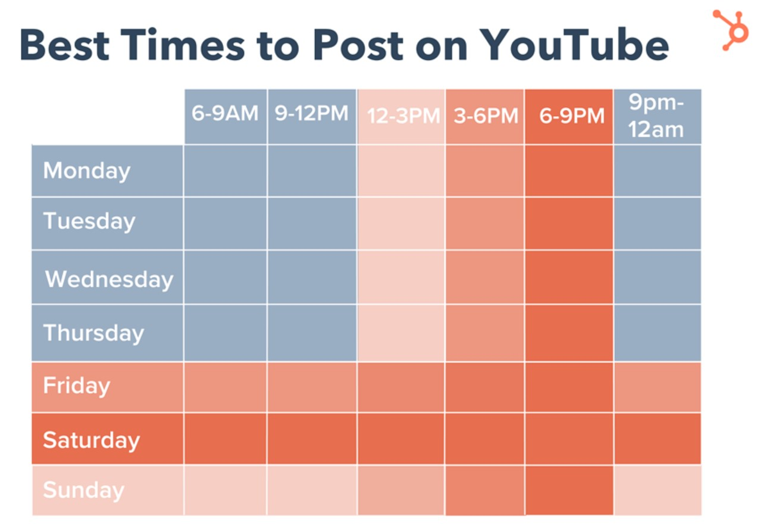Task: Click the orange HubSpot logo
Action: coord(729,30)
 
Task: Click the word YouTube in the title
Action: coord(574,45)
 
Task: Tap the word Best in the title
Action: coord(74,45)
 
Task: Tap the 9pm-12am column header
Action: coord(657,116)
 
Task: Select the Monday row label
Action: coord(87,171)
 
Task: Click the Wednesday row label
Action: coord(109,279)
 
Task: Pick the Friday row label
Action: coord(77,385)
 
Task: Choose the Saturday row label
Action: coord(91,440)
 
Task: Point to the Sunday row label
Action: coord(83,490)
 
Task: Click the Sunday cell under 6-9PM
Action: coord(569,490)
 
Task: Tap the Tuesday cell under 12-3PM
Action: coord(400,223)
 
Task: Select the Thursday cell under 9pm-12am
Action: coord(657,332)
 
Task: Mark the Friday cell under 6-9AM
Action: coord(225,387)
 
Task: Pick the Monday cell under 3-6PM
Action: coord(485,171)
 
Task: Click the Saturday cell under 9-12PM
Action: coord(312,439)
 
